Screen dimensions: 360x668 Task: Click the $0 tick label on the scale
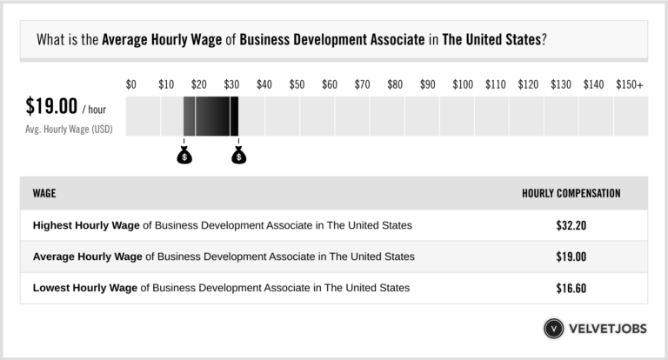pyautogui.click(x=131, y=84)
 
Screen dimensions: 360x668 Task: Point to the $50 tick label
pyautogui.click(x=297, y=84)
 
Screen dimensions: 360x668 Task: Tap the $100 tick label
pyautogui.click(x=463, y=84)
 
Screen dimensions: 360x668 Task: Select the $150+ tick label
pyautogui.click(x=630, y=84)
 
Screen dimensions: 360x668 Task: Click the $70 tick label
pyautogui.click(x=363, y=84)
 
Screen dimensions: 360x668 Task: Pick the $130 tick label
pyautogui.click(x=561, y=84)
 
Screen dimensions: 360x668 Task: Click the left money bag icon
pyautogui.click(x=184, y=156)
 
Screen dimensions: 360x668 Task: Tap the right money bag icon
pyautogui.click(x=238, y=156)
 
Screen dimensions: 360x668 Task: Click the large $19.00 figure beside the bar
pyautogui.click(x=50, y=109)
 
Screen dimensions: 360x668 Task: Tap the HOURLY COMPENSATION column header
pyautogui.click(x=571, y=193)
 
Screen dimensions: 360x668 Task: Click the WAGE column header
pyautogui.click(x=44, y=193)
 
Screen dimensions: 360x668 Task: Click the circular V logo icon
pyautogui.click(x=555, y=329)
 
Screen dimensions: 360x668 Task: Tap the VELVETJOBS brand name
pyautogui.click(x=608, y=329)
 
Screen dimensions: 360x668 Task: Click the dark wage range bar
pyautogui.click(x=210, y=117)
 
